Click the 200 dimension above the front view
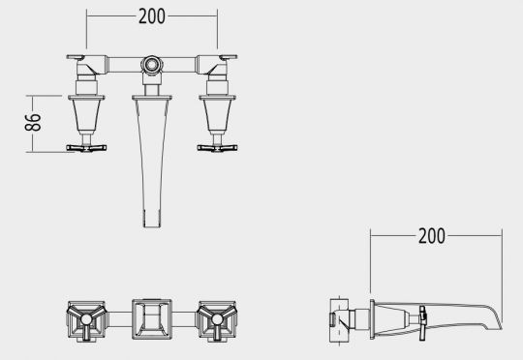click(152, 16)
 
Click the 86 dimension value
click(33, 122)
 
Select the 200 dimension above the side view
click(432, 236)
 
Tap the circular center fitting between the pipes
click(152, 64)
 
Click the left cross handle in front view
click(86, 148)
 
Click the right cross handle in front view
click(217, 148)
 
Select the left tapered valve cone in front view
click(86, 115)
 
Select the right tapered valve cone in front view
click(217, 115)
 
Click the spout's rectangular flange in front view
click(152, 98)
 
